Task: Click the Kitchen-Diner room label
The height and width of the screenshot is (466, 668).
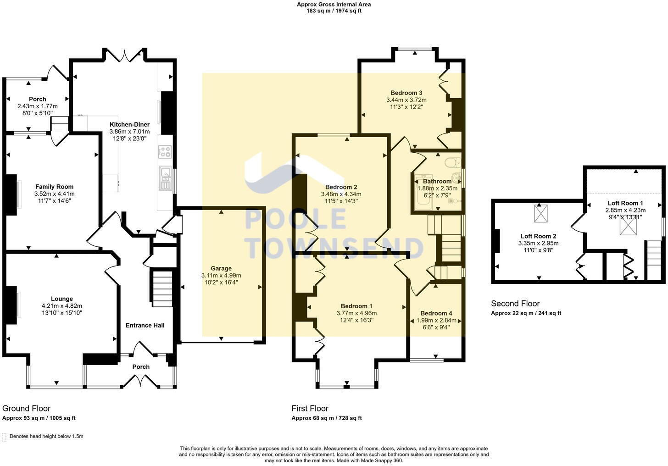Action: [129, 124]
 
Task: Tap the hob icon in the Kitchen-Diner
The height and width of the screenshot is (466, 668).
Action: [165, 152]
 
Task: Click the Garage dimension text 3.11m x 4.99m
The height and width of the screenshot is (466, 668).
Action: [221, 275]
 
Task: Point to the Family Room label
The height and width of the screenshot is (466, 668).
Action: [54, 187]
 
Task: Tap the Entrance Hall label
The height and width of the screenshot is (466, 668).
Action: [145, 325]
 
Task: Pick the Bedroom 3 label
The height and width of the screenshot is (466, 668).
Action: [406, 93]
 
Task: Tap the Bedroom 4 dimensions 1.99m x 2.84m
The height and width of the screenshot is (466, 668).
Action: [436, 320]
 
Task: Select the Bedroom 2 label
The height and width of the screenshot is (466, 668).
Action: [341, 187]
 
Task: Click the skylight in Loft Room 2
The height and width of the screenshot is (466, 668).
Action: [540, 213]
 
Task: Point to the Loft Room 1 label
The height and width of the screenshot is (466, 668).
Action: [625, 203]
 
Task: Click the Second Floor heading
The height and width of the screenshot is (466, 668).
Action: [515, 303]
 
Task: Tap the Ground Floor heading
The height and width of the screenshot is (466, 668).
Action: [26, 408]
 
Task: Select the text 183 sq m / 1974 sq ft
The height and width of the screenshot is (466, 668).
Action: [334, 11]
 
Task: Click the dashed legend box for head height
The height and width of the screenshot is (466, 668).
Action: [5, 437]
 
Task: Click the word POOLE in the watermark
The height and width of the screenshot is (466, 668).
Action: [295, 219]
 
